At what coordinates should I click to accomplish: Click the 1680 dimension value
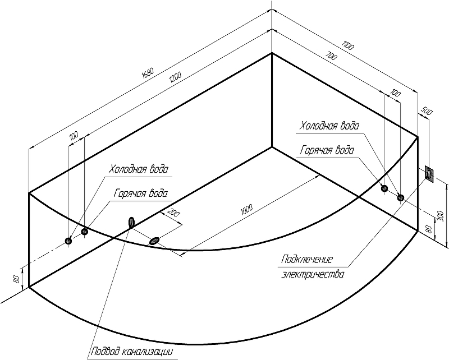(x=148, y=73)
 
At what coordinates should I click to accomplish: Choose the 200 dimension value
(x=173, y=213)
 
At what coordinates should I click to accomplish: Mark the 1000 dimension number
(x=246, y=210)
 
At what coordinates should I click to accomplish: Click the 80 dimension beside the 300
(x=429, y=229)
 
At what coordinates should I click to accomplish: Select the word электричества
(x=311, y=275)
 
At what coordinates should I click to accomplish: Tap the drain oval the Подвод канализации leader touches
(x=131, y=223)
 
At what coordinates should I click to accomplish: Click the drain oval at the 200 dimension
(x=154, y=241)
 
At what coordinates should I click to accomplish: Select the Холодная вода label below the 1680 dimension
(x=138, y=169)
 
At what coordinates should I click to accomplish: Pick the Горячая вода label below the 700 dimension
(x=327, y=150)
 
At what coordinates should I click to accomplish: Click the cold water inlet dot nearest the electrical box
(x=400, y=197)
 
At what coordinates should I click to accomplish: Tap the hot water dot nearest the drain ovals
(x=85, y=231)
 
